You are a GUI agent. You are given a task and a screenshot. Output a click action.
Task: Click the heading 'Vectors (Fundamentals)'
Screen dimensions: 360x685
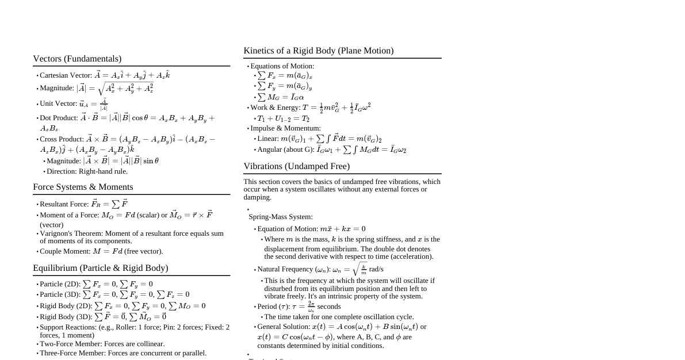point(77,59)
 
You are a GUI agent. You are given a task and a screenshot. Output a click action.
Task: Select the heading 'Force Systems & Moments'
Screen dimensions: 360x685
point(83,187)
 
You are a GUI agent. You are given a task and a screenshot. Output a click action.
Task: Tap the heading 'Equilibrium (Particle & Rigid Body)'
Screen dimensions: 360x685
point(101,268)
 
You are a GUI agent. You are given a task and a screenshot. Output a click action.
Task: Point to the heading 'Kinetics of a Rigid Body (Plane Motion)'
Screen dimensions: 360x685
point(319,51)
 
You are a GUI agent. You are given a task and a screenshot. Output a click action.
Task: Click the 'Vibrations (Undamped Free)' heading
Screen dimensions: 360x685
point(296,166)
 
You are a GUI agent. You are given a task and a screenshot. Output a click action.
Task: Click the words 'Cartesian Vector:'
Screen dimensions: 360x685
point(66,75)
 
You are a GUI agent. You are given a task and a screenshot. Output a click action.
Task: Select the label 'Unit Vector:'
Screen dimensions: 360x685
point(58,104)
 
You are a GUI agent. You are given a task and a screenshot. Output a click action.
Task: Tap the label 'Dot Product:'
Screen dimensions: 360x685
point(59,118)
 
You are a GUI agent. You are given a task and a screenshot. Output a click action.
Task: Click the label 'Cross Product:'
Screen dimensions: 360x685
point(62,139)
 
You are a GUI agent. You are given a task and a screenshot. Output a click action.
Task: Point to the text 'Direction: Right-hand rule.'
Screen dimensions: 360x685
point(87,171)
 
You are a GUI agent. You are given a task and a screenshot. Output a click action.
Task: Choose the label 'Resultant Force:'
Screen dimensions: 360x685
point(64,204)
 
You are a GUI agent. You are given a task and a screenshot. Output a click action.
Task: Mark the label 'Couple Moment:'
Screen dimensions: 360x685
point(63,251)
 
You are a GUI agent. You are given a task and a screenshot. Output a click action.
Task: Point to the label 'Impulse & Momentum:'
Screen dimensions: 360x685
point(285,128)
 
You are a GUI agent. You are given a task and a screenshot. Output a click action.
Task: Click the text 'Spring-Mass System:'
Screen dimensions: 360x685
point(281,217)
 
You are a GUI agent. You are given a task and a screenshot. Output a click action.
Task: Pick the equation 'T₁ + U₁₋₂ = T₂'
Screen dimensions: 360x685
point(283,118)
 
